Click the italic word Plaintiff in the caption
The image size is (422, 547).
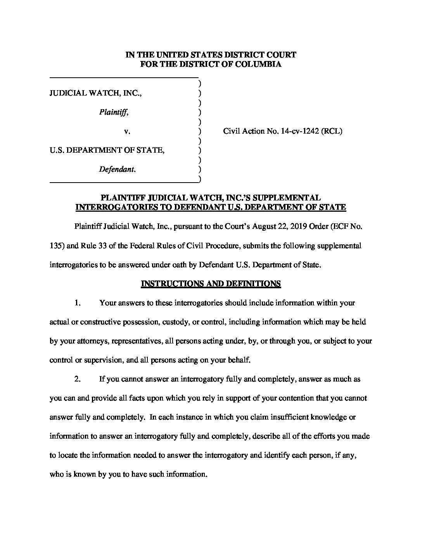click(x=114, y=113)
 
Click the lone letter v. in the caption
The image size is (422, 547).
click(x=127, y=132)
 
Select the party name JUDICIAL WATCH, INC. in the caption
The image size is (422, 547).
click(x=95, y=94)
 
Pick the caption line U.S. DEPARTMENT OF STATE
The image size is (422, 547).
click(x=107, y=150)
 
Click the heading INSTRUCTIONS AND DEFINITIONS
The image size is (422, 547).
click(x=211, y=284)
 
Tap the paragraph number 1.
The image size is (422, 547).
click(x=77, y=303)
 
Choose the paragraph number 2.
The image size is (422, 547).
click(x=77, y=379)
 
